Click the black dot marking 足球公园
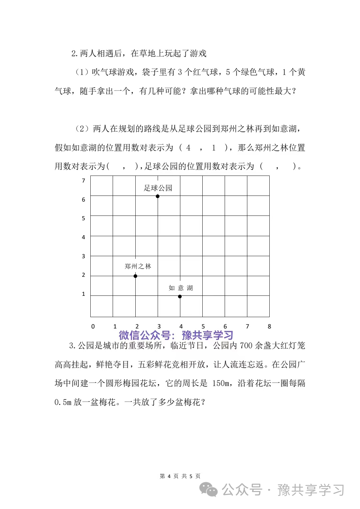(158, 196)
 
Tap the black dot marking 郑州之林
(135, 276)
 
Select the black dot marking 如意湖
(180, 296)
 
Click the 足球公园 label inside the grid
(158, 188)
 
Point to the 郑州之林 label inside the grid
(138, 266)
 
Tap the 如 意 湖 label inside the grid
(181, 288)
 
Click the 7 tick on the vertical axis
(83, 181)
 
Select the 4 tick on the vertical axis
(83, 237)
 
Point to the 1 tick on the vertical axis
(83, 294)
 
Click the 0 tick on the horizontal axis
(93, 326)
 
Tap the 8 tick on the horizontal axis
(269, 326)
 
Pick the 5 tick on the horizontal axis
(203, 326)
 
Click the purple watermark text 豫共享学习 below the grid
(207, 335)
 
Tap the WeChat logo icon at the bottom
(208, 490)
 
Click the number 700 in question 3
(246, 346)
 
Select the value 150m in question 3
(221, 383)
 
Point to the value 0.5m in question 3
(63, 402)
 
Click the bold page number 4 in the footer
(169, 476)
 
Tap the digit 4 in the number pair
(188, 148)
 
